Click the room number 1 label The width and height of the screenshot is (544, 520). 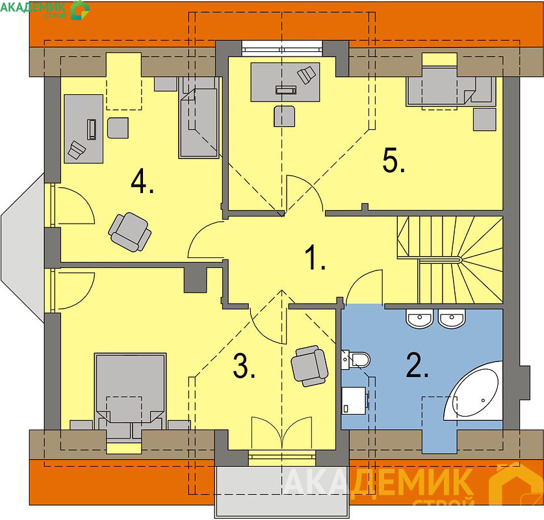pos(315,257)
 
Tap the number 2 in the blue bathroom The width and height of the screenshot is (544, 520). pos(417,365)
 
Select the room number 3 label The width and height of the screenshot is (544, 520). pos(244,366)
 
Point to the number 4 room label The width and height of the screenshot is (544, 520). pos(142,181)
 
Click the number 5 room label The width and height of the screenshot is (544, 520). pos(393,160)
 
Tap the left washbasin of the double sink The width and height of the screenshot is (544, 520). pos(419,318)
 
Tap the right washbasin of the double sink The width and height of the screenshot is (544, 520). pos(452,318)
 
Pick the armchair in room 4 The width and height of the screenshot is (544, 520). pos(130,232)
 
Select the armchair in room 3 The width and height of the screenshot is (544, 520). pos(309,366)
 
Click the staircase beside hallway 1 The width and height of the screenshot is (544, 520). pos(450,260)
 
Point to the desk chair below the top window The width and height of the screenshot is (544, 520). pos(284,116)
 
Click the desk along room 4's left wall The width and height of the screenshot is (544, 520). pos(84,129)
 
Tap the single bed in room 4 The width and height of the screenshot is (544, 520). pos(199,117)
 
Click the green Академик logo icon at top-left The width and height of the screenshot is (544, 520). pos(80,10)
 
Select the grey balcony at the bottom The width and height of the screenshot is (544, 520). pos(281,492)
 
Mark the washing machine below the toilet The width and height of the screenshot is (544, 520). pos(354,400)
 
